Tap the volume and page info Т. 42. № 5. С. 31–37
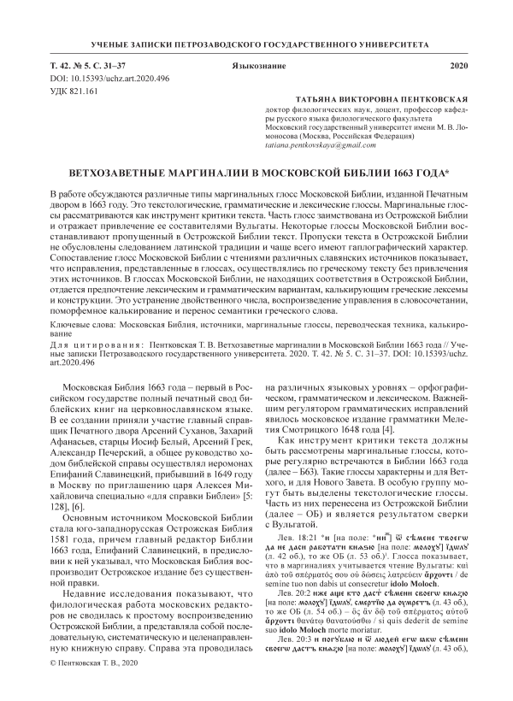pyautogui.click(x=98, y=66)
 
